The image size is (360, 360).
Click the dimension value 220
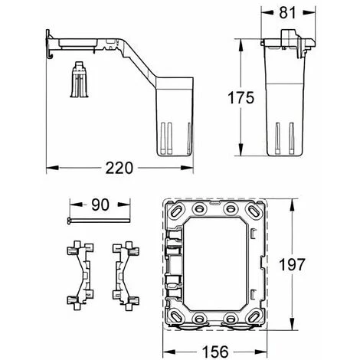(119, 168)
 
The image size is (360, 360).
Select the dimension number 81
(287, 13)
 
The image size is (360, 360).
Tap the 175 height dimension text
(241, 97)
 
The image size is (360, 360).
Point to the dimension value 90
(100, 205)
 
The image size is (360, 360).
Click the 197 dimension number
(292, 264)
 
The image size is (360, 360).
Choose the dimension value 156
(215, 352)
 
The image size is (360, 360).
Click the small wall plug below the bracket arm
(79, 79)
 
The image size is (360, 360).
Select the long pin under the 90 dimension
(99, 221)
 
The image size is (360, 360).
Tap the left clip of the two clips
(80, 276)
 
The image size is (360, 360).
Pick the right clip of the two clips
(126, 276)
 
